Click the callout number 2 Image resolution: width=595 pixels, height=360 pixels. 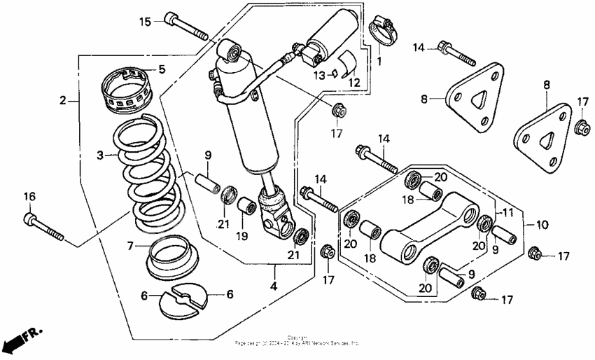tap(63, 100)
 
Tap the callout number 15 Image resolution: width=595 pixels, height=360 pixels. tap(144, 22)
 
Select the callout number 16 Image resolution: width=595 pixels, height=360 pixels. tap(29, 198)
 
